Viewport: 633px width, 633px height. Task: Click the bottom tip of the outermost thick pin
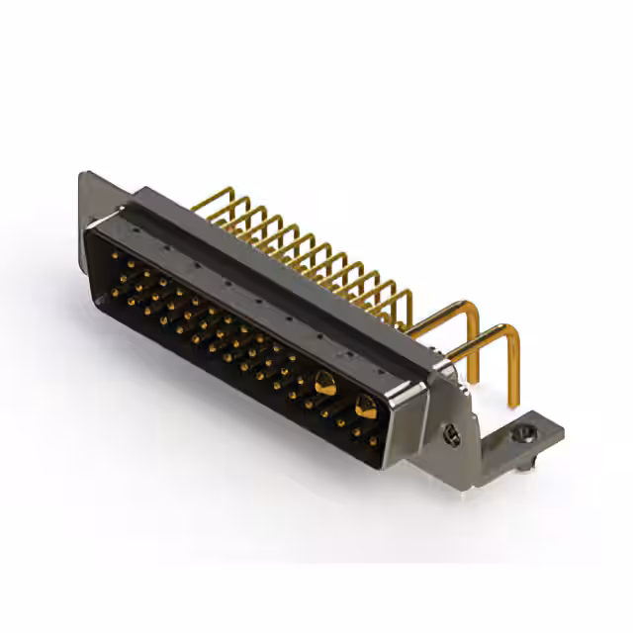513,404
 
